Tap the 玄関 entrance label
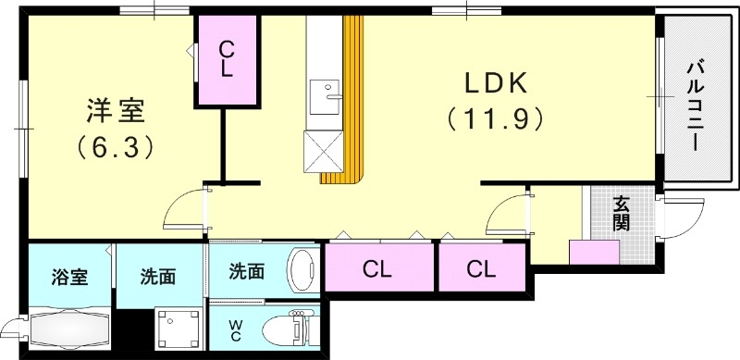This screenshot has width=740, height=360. click(621, 215)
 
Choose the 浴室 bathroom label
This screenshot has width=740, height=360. click(69, 275)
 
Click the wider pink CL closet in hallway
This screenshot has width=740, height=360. click(377, 269)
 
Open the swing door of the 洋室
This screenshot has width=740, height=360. click(185, 209)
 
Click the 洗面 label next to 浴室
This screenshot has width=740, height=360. click(157, 275)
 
